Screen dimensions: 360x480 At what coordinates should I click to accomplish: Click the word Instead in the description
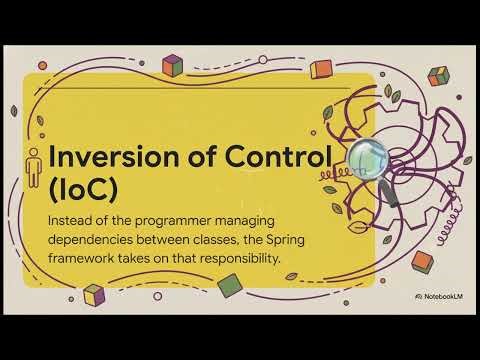[74, 219]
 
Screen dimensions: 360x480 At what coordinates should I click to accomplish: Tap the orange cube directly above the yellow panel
[321, 69]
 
